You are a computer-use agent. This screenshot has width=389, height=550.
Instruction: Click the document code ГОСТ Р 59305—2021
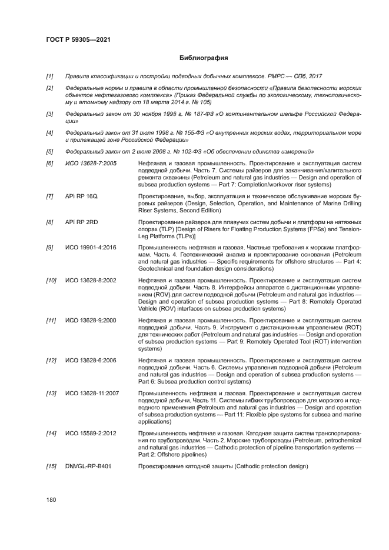[78, 39]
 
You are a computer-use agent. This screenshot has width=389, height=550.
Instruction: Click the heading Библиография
[203, 58]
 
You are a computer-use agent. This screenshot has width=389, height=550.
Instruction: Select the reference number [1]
[50, 76]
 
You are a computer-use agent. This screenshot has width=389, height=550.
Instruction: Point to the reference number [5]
[50, 151]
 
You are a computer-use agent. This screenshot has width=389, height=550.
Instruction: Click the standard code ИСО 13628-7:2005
[91, 162]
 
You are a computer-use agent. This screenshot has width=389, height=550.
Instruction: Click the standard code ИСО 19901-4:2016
[91, 247]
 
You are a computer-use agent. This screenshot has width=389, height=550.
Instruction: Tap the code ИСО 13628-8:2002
[91, 283]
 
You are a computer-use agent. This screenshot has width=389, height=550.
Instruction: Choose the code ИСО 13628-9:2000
[91, 321]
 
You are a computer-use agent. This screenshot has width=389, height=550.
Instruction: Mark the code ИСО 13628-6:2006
[91, 359]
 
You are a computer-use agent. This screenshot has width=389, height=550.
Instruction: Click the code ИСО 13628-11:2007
[92, 392]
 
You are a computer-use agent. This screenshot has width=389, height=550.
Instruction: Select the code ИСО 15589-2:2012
[91, 432]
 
